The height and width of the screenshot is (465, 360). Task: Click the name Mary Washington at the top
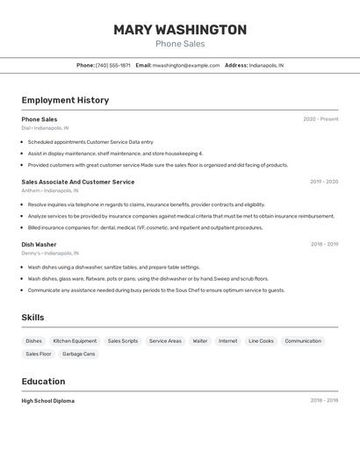(180, 30)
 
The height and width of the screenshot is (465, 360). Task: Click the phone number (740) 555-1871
(113, 66)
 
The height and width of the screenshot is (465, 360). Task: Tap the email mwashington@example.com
(186, 66)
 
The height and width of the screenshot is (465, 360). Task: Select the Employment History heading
(65, 100)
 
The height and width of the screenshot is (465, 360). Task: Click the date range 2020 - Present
(320, 119)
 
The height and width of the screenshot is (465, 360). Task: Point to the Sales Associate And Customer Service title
(78, 182)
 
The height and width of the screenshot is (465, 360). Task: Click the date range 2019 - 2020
(324, 182)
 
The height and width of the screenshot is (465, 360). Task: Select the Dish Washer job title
(39, 245)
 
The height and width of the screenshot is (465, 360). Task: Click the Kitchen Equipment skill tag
(75, 340)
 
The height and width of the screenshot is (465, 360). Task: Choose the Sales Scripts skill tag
(123, 340)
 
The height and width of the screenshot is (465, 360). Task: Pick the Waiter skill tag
(200, 340)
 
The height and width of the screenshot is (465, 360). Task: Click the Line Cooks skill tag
(261, 340)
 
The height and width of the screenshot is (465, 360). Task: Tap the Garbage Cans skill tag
(78, 354)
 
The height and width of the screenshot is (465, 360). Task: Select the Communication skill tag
(303, 340)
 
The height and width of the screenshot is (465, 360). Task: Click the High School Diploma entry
(48, 401)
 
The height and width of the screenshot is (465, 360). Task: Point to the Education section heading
(43, 382)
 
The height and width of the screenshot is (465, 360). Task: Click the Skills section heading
(32, 318)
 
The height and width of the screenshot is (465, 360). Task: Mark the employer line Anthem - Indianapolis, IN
(50, 190)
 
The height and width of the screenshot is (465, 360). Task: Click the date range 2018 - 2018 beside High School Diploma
(324, 401)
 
